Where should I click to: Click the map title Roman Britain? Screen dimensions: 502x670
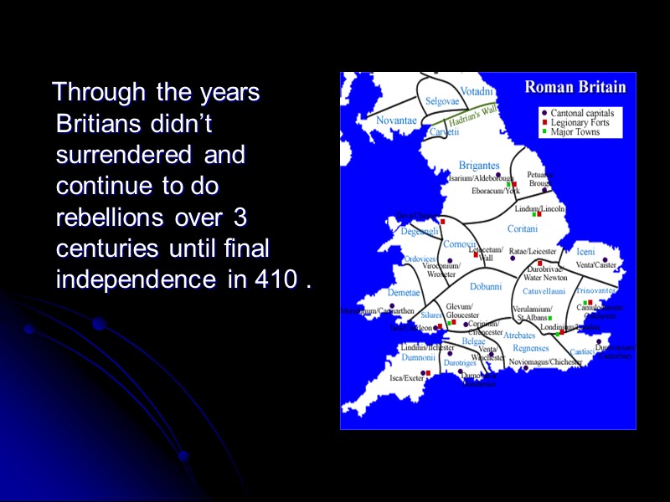point(575,86)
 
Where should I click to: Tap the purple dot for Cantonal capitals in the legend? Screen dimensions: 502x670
point(544,113)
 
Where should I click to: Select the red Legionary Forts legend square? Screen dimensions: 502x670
point(544,122)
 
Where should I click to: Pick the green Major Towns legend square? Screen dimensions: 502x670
point(544,131)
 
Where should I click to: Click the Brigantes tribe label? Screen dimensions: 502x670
point(478,166)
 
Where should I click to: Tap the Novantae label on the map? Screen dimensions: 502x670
point(395,120)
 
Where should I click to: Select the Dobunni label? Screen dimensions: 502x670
point(485,286)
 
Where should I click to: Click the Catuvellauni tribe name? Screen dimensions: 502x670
point(544,291)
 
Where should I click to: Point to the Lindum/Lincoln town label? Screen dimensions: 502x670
point(540,208)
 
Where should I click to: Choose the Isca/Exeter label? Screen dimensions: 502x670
point(407,378)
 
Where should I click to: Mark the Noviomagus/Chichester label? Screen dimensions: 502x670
point(544,361)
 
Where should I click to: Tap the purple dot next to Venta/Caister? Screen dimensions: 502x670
point(605,260)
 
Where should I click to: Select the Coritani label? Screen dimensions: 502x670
point(523,228)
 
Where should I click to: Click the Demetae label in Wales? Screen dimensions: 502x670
point(403,293)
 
